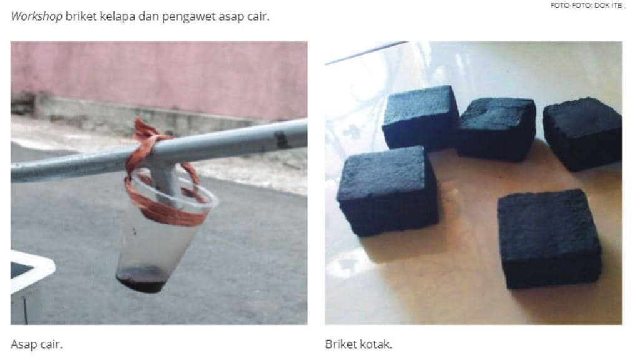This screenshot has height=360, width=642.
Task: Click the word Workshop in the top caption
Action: (x=36, y=16)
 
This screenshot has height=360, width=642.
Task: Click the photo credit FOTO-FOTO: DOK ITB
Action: (x=586, y=6)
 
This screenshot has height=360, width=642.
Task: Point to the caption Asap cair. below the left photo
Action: (x=36, y=344)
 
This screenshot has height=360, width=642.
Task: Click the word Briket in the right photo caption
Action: (x=342, y=344)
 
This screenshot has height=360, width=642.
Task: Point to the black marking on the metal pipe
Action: (x=282, y=139)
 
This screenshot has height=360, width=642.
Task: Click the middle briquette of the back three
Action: (x=496, y=128)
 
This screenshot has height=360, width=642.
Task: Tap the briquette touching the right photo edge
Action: (x=582, y=133)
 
